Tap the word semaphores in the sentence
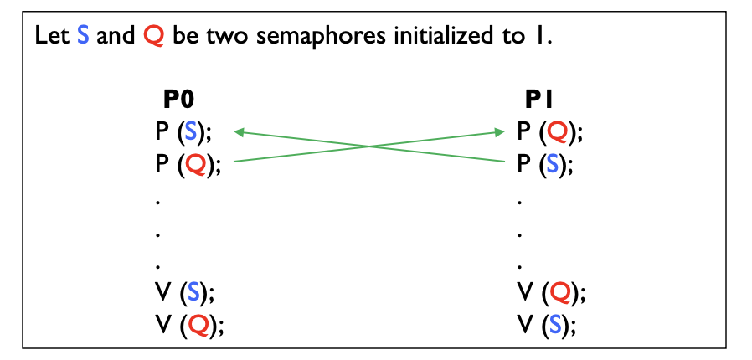[272, 39]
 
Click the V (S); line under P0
[182, 294]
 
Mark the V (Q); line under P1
[549, 294]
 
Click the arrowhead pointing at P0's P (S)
[240, 131]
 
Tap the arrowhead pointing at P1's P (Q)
[501, 131]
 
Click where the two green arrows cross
[369, 147]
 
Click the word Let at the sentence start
[49, 39]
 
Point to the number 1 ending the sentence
[544, 39]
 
